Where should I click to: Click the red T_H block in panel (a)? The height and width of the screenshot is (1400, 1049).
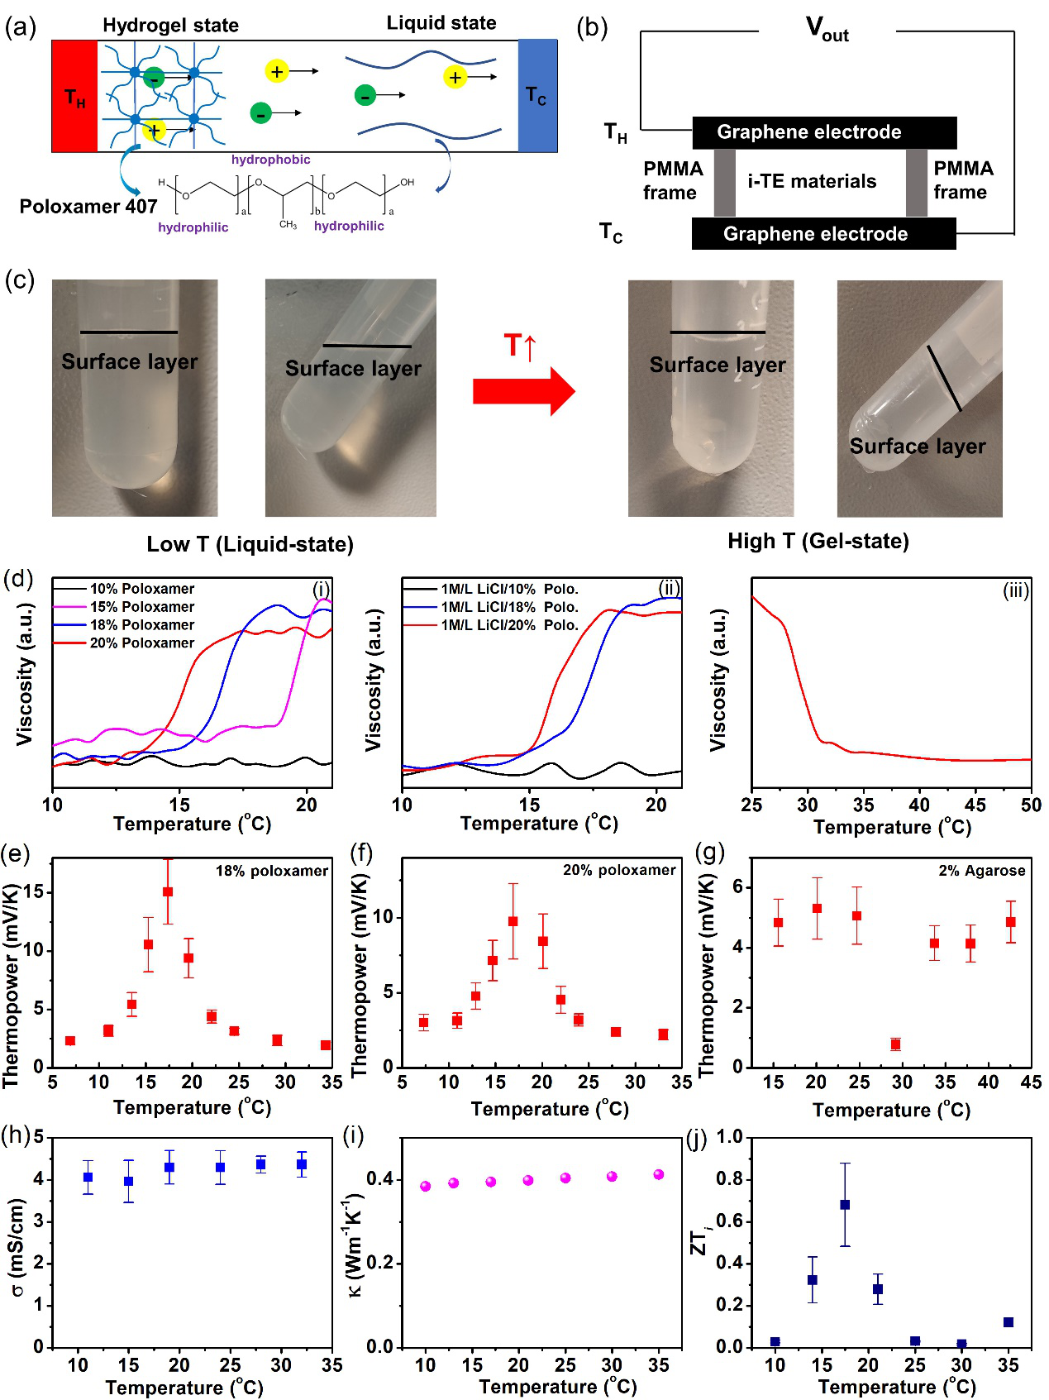74,97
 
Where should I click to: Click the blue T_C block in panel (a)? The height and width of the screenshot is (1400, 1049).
537,96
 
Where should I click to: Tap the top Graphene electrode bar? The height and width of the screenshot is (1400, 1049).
823,132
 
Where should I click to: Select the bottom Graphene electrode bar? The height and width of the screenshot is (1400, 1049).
823,234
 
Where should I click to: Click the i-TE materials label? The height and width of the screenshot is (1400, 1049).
812,181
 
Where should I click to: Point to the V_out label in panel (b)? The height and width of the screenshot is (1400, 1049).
827,30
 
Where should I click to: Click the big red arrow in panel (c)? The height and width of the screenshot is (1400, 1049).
523,389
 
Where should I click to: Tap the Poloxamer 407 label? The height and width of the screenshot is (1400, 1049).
88,206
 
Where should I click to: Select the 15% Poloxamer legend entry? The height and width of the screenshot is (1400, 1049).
141,607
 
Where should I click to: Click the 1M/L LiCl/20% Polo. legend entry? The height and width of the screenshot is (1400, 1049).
508,625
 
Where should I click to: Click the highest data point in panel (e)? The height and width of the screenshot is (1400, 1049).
168,891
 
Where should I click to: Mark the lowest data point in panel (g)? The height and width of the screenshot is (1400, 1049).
895,1044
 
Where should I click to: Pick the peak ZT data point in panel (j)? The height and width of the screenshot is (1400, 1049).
845,1205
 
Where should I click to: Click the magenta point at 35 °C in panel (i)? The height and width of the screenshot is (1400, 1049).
659,1174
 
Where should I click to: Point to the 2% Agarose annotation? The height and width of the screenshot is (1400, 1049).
981,871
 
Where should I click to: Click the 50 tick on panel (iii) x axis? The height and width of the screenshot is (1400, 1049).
1031,805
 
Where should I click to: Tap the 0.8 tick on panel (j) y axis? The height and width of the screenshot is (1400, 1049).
729,1179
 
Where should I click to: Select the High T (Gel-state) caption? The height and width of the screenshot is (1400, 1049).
818,541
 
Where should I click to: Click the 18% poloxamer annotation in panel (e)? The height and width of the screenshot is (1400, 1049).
271,871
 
